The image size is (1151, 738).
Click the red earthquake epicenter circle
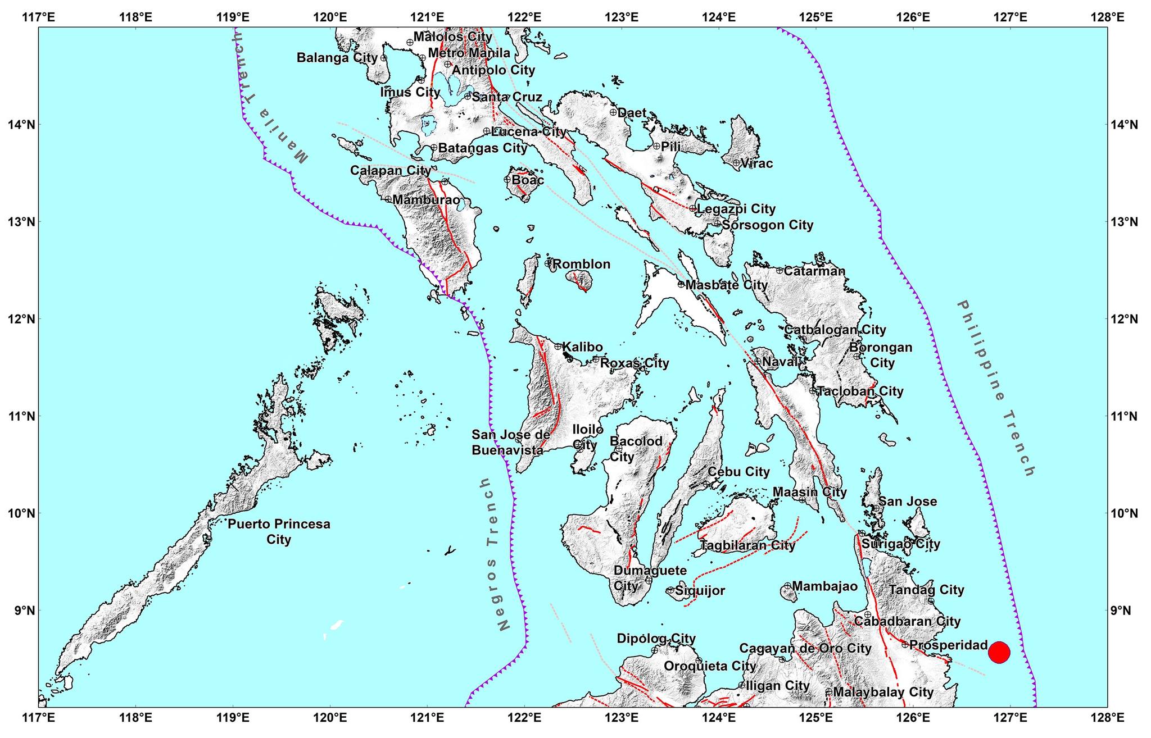coord(999,652)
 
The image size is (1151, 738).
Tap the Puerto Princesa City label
coord(279,531)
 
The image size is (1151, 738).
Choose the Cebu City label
coord(738,472)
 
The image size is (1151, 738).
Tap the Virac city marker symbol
coord(736,163)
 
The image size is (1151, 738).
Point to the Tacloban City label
coord(860,391)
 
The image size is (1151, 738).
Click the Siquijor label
coord(700,591)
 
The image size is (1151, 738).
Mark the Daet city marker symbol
coord(613,112)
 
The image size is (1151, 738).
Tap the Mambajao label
coord(825,586)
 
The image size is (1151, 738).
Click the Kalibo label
coord(582,347)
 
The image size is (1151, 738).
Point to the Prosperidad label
coord(948,645)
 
